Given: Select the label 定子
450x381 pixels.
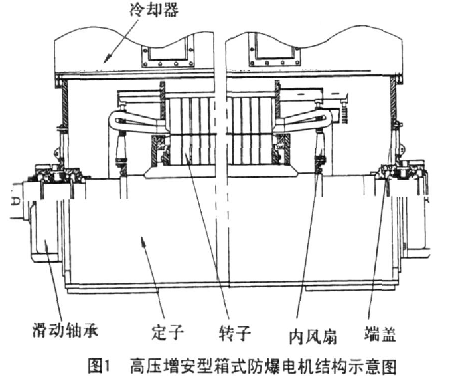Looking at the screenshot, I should coord(166,331).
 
